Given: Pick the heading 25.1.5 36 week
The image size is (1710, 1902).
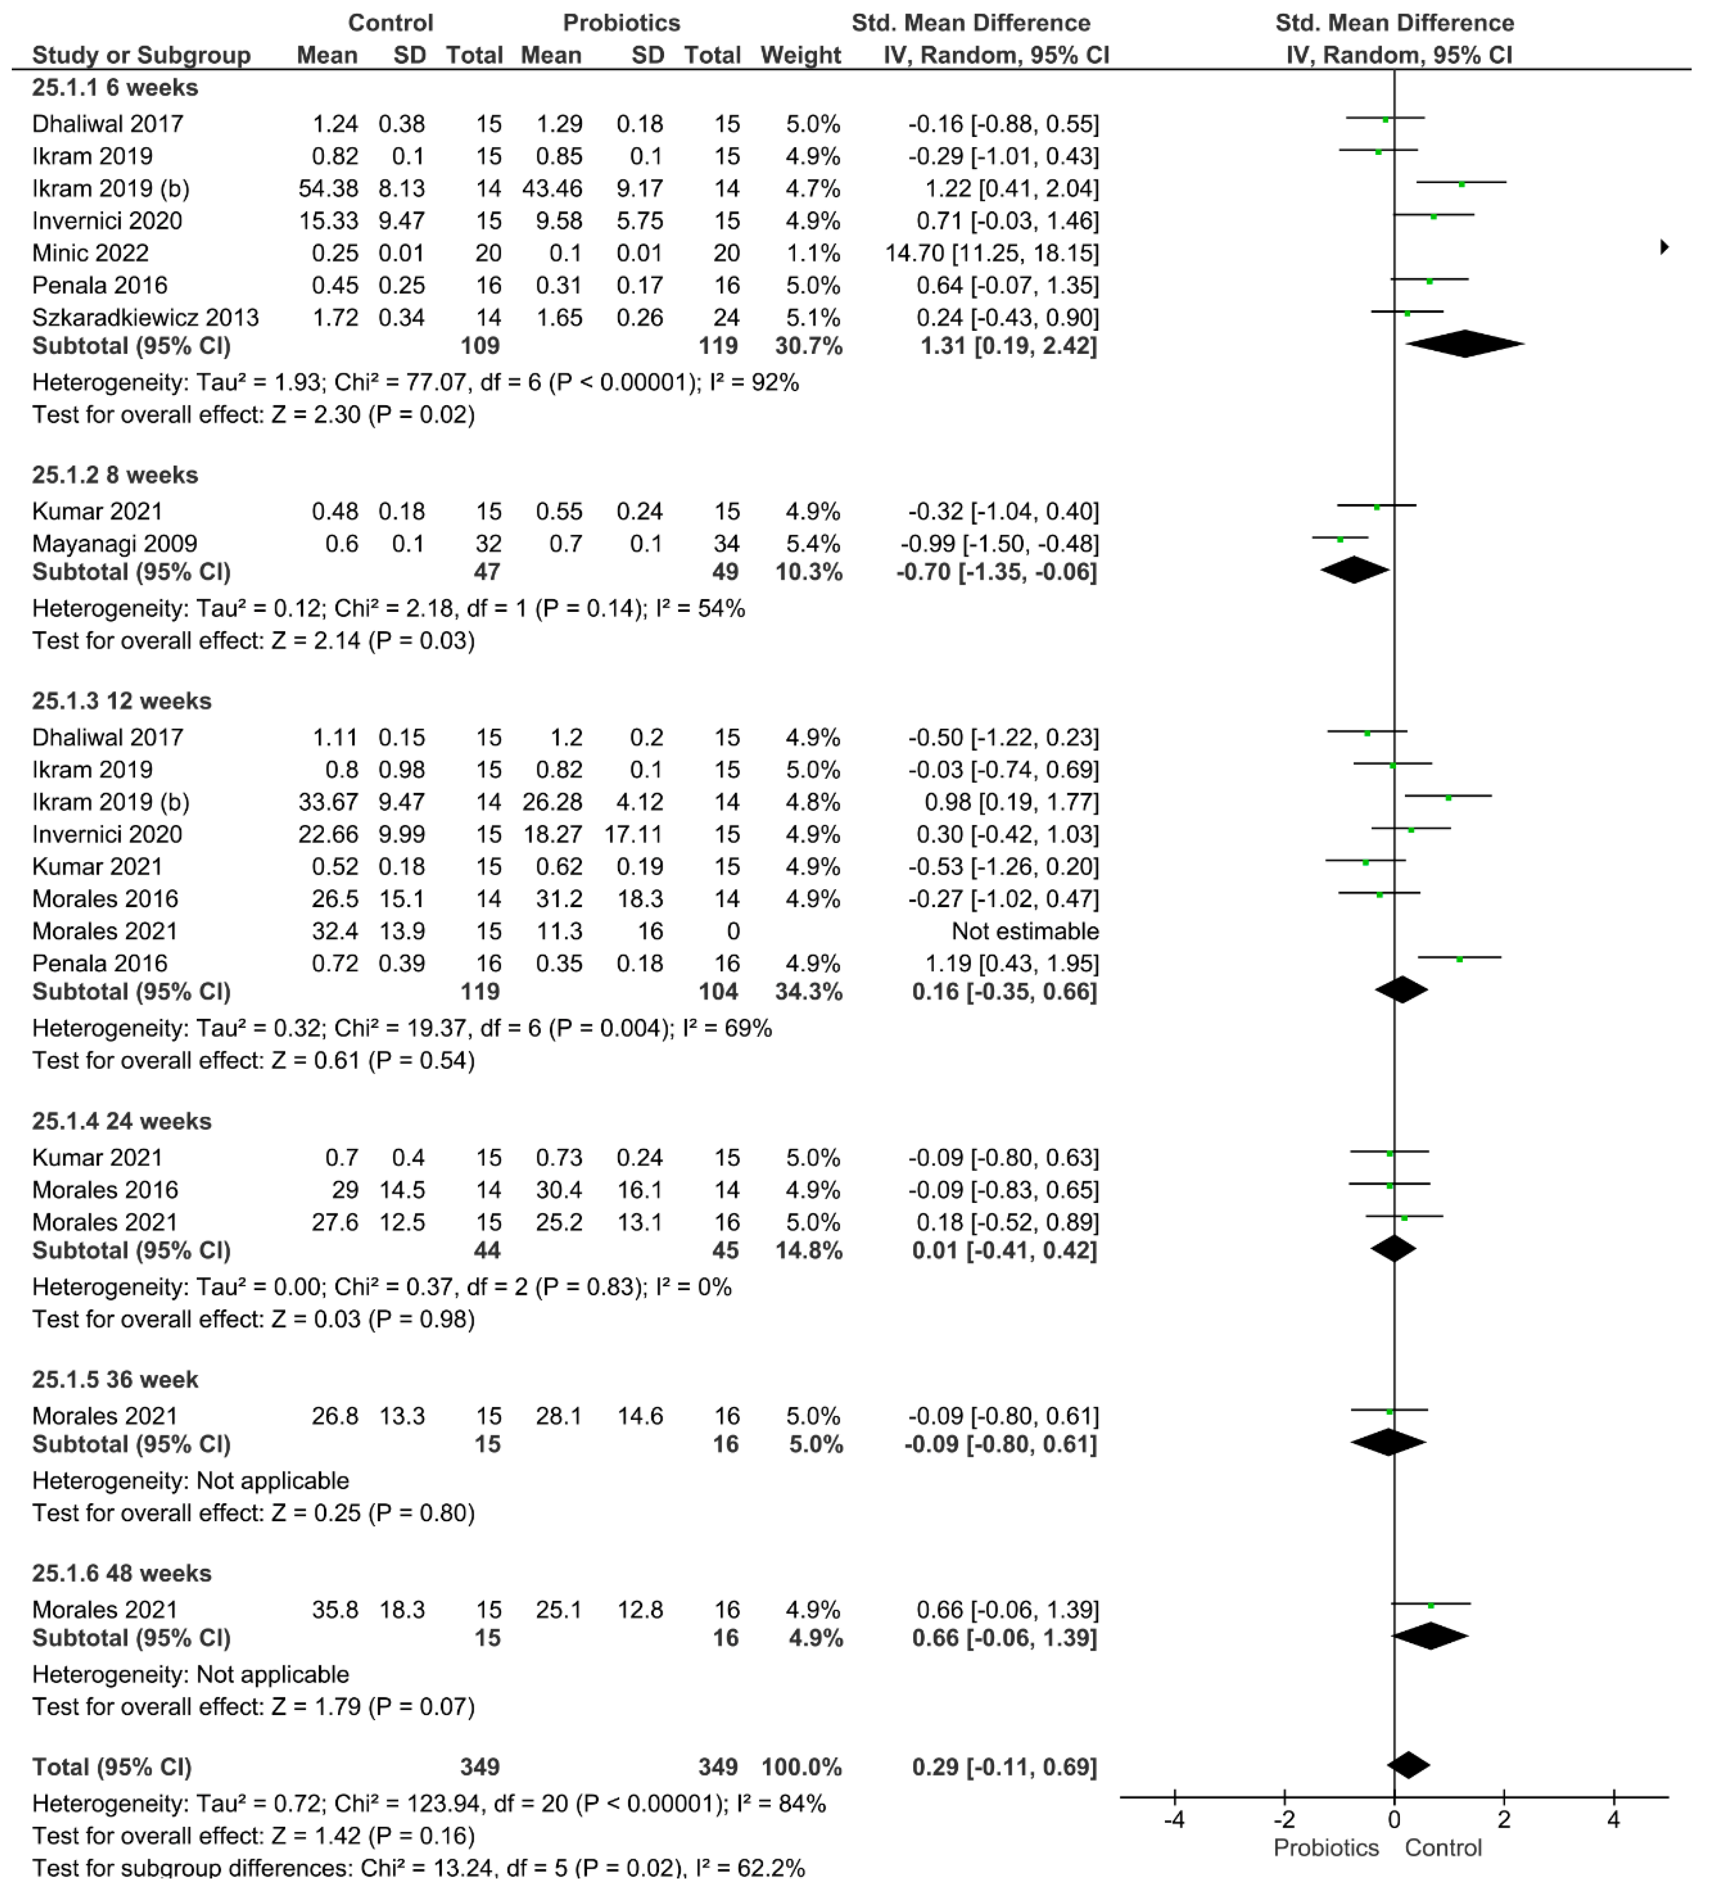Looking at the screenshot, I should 115,1380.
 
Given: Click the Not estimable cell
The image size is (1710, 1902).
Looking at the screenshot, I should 1024,931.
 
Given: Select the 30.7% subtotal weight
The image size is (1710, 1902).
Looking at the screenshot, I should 808,346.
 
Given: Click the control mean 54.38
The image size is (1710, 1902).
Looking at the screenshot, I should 328,189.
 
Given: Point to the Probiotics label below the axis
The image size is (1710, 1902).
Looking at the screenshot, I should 1326,1847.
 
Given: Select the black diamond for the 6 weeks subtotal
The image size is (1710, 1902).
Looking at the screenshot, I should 1465,344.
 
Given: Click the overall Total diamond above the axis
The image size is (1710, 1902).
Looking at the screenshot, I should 1407,1765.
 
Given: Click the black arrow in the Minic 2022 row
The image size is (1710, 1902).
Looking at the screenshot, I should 1664,247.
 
